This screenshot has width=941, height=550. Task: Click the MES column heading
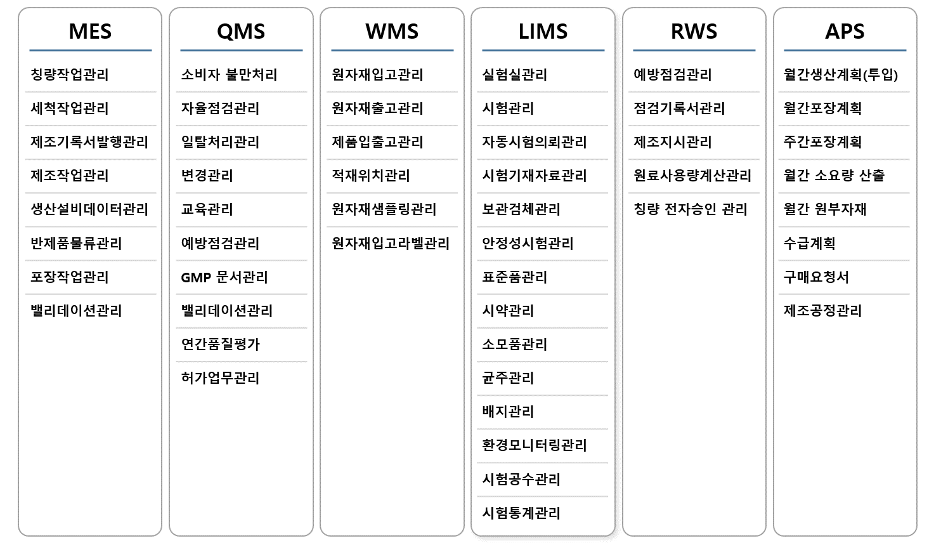[x=90, y=31]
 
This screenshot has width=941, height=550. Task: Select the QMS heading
[x=241, y=32]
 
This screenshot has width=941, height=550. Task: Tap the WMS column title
[x=392, y=31]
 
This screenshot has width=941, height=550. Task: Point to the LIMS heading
[x=543, y=31]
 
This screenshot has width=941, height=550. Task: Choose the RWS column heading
[x=694, y=31]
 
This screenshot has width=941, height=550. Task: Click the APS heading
[x=845, y=31]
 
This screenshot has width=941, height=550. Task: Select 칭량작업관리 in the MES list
[x=69, y=75]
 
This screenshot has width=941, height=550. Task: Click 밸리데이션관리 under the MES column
[x=76, y=311]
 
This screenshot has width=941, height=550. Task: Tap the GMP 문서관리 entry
[x=224, y=277]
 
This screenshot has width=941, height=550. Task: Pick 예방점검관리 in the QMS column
[x=220, y=243]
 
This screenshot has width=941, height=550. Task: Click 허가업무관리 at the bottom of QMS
[x=220, y=378]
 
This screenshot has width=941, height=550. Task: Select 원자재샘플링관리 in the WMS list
[x=384, y=209]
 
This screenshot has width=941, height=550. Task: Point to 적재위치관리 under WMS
[x=370, y=176]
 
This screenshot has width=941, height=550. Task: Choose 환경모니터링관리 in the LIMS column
[x=535, y=445]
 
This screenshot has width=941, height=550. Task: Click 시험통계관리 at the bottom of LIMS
[x=521, y=513]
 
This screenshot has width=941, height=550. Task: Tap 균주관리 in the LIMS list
[x=508, y=378]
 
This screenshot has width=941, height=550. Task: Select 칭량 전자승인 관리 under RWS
[x=691, y=209]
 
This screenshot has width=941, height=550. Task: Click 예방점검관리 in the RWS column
[x=673, y=75]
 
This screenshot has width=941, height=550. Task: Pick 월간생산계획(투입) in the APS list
[x=841, y=75]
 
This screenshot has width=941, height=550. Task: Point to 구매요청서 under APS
[x=816, y=277]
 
